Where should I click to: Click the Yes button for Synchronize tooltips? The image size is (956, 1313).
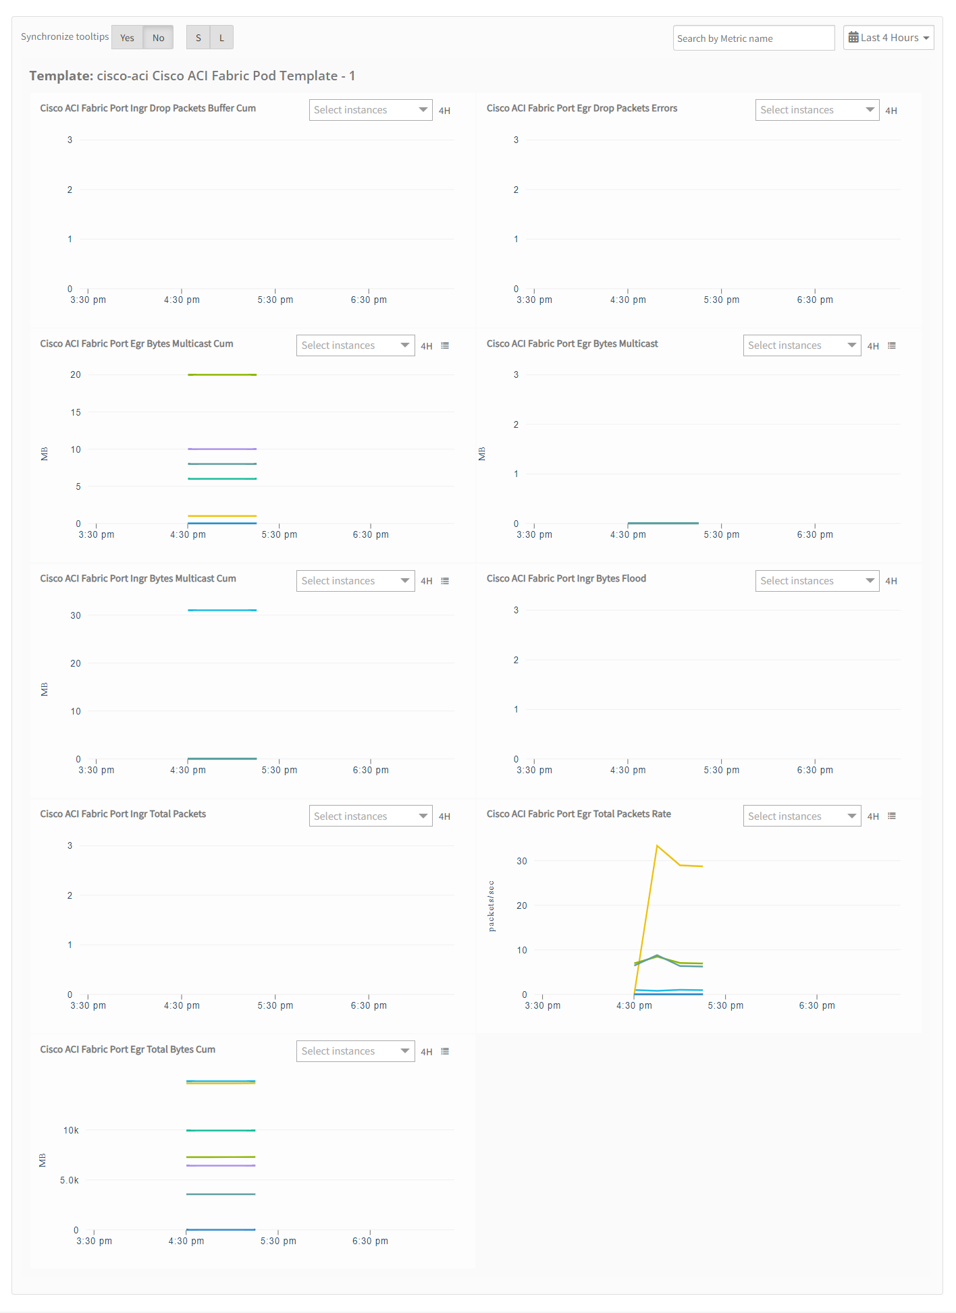tap(127, 38)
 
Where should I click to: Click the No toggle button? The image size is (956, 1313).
tap(158, 38)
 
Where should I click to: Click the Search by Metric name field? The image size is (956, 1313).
tap(753, 38)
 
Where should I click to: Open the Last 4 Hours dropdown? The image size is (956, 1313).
tap(888, 38)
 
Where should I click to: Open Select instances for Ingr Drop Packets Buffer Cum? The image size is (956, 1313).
tap(371, 110)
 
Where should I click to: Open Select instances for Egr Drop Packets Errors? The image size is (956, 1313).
tap(817, 110)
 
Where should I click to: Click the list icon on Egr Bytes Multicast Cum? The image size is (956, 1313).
tap(445, 345)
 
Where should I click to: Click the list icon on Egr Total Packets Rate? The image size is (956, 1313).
tap(892, 816)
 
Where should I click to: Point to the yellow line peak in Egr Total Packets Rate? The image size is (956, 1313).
tap(657, 845)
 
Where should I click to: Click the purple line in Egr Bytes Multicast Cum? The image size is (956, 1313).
tap(222, 449)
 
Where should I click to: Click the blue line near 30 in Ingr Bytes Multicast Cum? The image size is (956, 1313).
tap(222, 610)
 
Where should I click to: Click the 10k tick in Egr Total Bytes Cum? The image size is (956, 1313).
tap(71, 1130)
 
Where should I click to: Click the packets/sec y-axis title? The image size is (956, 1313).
tap(491, 906)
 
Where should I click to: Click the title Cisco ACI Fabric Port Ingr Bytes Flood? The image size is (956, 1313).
tap(566, 578)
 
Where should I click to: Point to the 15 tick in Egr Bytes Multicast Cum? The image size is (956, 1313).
tap(76, 412)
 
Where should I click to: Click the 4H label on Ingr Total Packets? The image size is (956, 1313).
tap(444, 816)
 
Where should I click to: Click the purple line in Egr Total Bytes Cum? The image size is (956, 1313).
tap(221, 1165)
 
